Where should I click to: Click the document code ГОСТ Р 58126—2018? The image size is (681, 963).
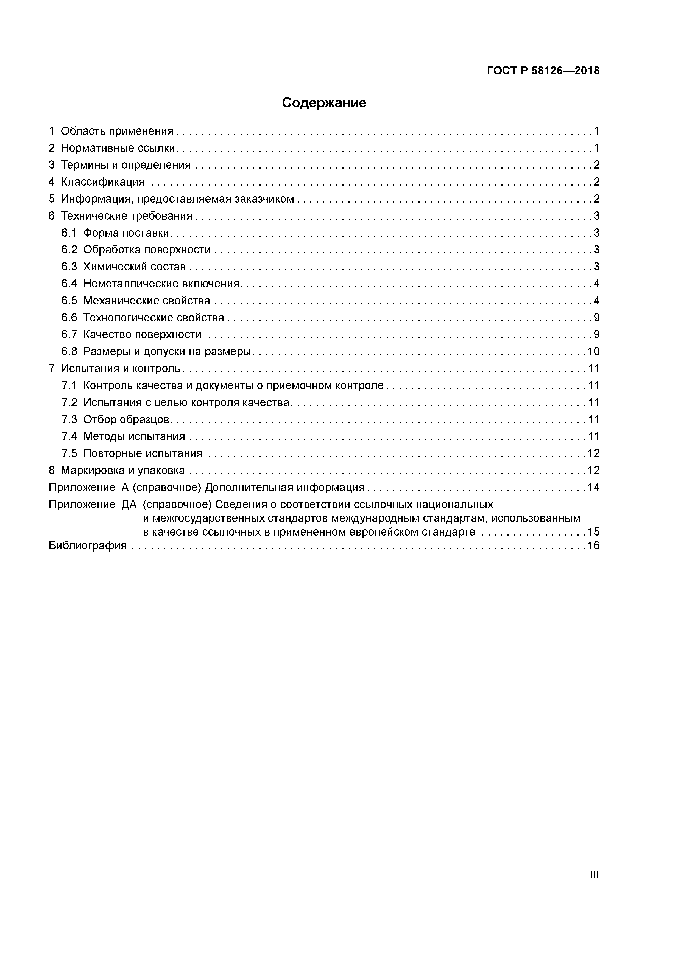[543, 71]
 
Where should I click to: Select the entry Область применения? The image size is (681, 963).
[117, 131]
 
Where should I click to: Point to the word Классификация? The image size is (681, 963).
[102, 182]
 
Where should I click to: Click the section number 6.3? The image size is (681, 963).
[69, 267]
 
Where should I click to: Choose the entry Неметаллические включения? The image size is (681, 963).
[161, 284]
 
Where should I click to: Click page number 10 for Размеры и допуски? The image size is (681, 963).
[593, 351]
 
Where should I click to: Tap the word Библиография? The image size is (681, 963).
[88, 546]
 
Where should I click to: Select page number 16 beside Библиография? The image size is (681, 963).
[593, 546]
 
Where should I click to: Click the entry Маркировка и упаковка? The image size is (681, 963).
[122, 471]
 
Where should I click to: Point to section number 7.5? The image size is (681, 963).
[69, 453]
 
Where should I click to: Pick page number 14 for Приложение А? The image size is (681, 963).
[593, 487]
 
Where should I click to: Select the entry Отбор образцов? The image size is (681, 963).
[127, 419]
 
